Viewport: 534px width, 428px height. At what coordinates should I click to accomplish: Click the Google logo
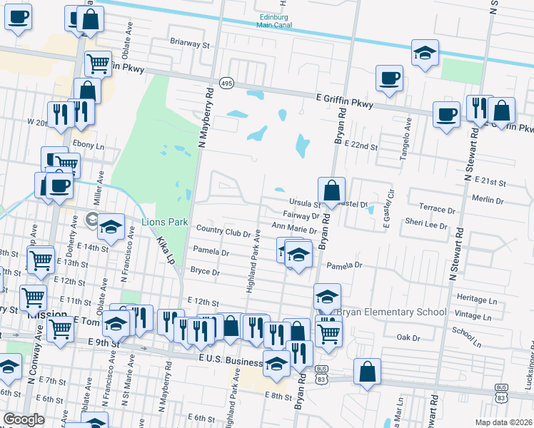pyautogui.click(x=24, y=419)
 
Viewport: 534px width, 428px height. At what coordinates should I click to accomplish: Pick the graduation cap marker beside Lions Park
pyautogui.click(x=111, y=228)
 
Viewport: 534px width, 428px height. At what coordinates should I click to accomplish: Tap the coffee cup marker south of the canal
pyautogui.click(x=389, y=79)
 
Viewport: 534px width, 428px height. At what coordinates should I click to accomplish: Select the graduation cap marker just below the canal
pyautogui.click(x=425, y=53)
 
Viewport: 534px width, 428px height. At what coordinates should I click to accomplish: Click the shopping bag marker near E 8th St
pyautogui.click(x=367, y=372)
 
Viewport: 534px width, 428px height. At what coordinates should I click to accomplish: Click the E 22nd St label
pyautogui.click(x=361, y=145)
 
